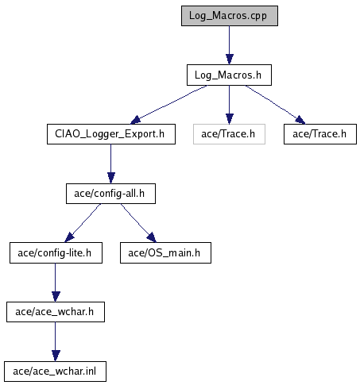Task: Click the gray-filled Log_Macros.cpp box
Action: (x=230, y=16)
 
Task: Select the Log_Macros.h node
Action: (x=229, y=75)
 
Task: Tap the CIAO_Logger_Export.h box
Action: (x=111, y=134)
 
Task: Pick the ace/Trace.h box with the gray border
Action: (x=229, y=134)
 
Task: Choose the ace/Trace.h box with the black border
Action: (x=320, y=134)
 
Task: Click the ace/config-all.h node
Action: (x=110, y=194)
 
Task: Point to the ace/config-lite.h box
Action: (x=56, y=252)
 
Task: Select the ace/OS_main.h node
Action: (x=165, y=252)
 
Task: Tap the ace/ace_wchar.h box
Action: (x=56, y=312)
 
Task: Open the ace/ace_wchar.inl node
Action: (x=55, y=372)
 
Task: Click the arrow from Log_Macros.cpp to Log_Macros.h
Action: (x=230, y=45)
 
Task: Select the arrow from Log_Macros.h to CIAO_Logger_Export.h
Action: (x=168, y=105)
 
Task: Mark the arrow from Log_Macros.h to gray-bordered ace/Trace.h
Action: (x=230, y=105)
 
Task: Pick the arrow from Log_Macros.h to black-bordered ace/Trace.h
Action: (x=276, y=105)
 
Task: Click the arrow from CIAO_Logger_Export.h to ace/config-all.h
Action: (x=111, y=164)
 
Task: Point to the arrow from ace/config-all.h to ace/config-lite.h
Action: (x=83, y=223)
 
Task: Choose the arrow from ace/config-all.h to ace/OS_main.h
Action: (x=138, y=223)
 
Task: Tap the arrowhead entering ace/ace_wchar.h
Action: (x=56, y=297)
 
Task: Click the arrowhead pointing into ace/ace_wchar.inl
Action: (x=56, y=356)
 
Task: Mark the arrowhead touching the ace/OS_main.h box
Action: (x=152, y=237)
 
